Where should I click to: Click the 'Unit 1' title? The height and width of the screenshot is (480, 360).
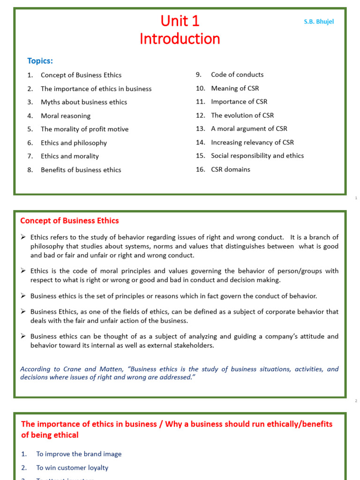(180, 21)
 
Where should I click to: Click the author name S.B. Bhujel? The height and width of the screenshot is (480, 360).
(319, 22)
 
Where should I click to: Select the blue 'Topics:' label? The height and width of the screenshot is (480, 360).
(40, 61)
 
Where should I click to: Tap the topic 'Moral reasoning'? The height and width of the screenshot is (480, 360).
(66, 116)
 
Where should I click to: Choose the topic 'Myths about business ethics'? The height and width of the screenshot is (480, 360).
(84, 102)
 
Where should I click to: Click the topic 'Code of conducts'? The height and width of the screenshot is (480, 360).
(237, 75)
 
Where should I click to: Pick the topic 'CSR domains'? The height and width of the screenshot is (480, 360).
(231, 170)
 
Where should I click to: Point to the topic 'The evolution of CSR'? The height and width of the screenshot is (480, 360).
(242, 115)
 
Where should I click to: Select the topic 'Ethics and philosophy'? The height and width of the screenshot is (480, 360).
(74, 143)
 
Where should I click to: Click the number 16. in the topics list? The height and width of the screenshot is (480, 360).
(201, 170)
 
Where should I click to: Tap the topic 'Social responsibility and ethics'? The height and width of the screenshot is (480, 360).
(257, 156)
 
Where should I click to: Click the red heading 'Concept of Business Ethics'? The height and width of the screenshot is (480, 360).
(69, 221)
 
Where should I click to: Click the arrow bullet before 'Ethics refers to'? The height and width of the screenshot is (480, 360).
(23, 237)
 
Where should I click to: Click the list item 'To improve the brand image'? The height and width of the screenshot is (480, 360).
(79, 454)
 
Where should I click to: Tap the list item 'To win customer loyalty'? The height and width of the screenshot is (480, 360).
(72, 467)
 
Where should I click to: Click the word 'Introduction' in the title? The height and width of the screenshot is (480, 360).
(180, 39)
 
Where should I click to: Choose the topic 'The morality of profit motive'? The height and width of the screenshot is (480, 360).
(84, 129)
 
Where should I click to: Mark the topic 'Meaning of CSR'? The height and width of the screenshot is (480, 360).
(235, 88)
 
